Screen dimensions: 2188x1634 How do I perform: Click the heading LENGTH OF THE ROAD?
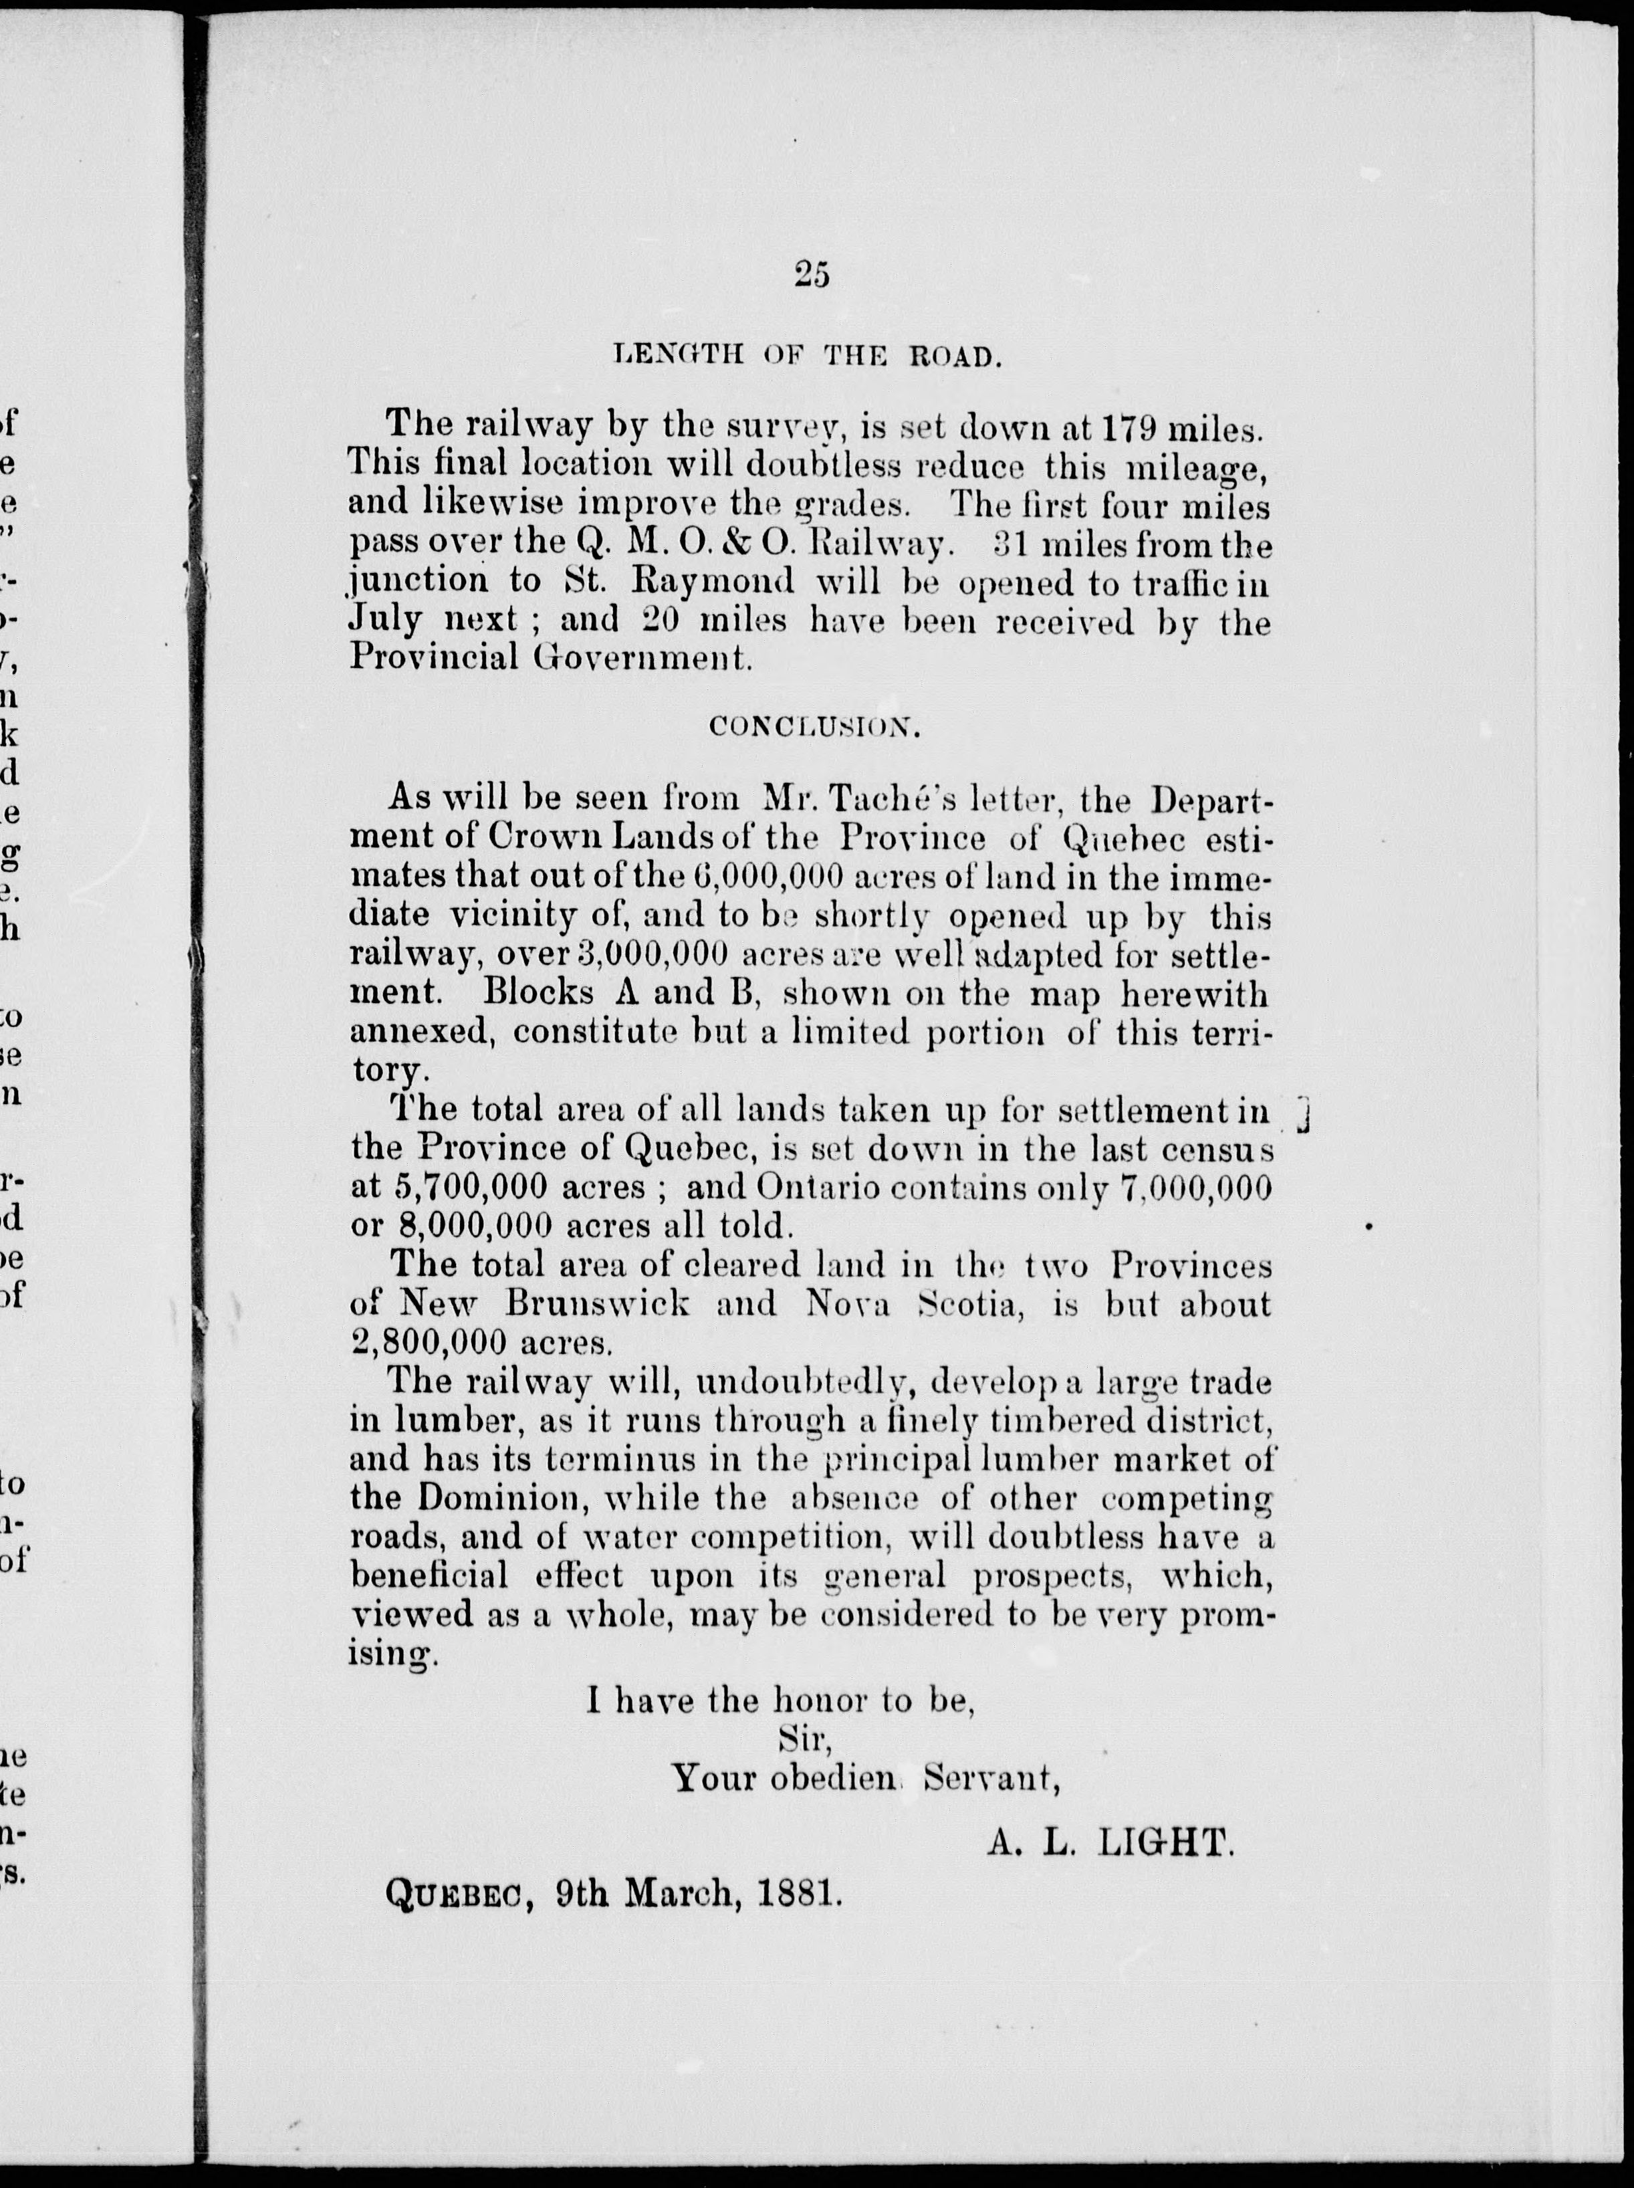click(809, 355)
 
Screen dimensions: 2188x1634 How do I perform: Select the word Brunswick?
click(598, 1304)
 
